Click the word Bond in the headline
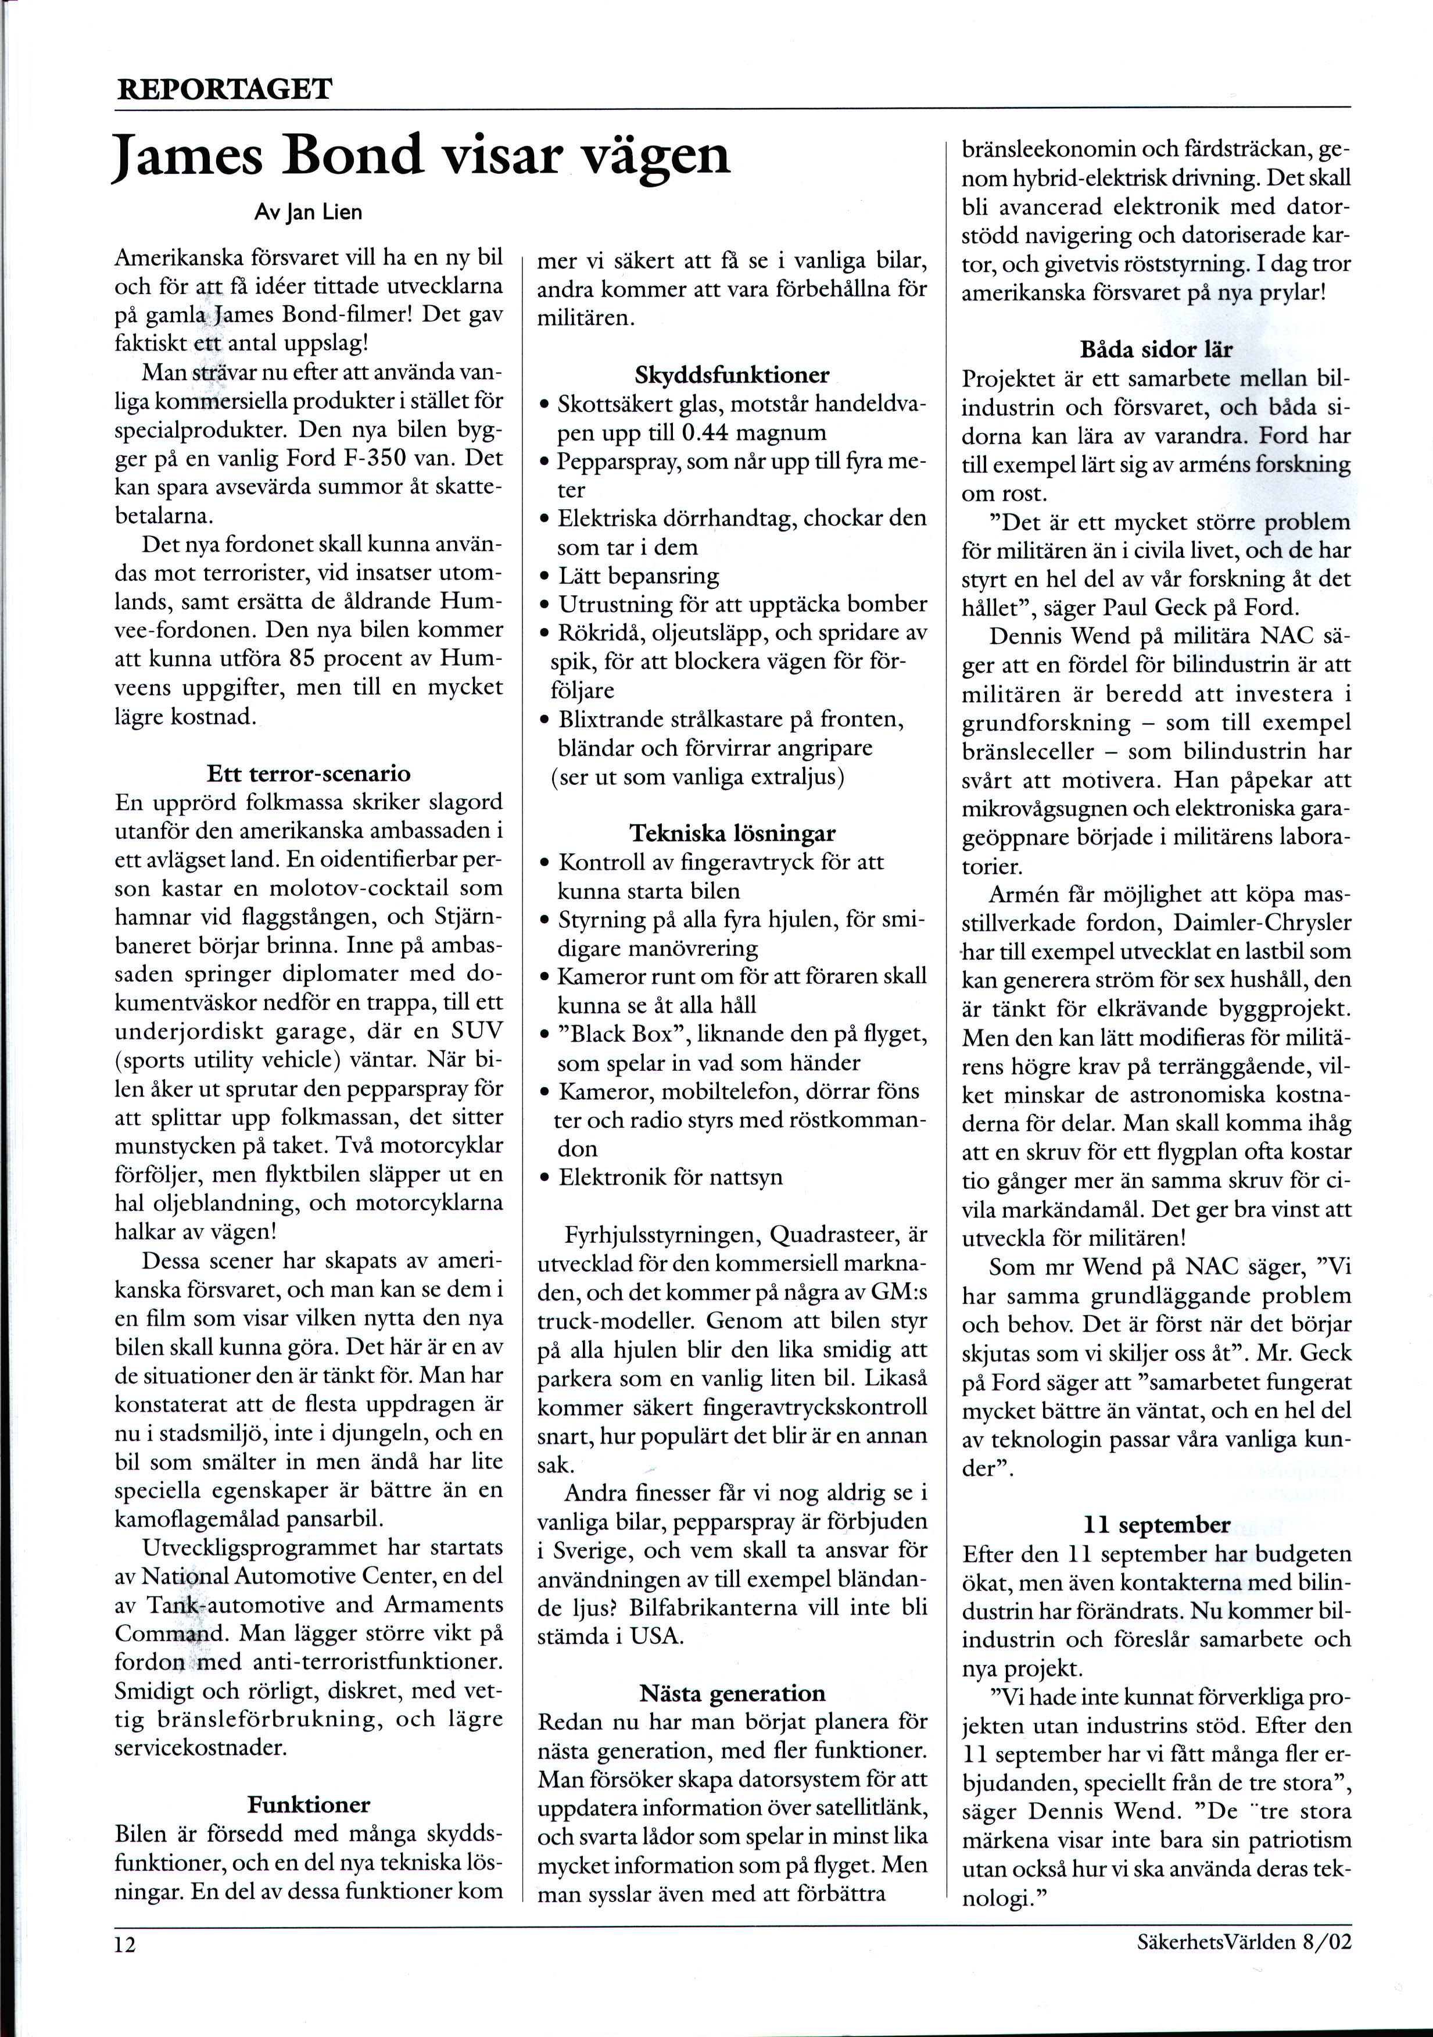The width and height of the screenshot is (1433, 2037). tap(352, 155)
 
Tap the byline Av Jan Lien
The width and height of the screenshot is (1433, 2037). tap(309, 213)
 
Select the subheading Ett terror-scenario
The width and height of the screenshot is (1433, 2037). tap(309, 774)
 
